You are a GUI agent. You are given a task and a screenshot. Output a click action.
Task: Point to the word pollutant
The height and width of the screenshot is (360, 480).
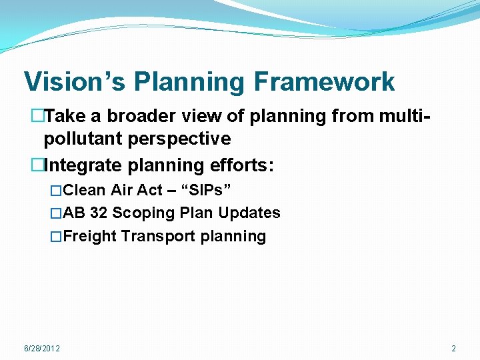(x=83, y=139)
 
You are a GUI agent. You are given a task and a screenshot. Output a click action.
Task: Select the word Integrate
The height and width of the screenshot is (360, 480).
(x=76, y=165)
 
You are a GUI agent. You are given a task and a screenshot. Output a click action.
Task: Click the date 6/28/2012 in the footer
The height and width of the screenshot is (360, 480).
(x=41, y=349)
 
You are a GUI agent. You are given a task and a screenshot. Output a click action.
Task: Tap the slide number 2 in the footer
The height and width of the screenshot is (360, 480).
(x=453, y=349)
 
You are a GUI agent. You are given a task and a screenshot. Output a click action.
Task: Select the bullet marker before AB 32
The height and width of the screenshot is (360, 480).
(x=56, y=213)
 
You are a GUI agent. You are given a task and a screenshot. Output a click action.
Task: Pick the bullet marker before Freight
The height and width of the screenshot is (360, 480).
(x=56, y=236)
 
